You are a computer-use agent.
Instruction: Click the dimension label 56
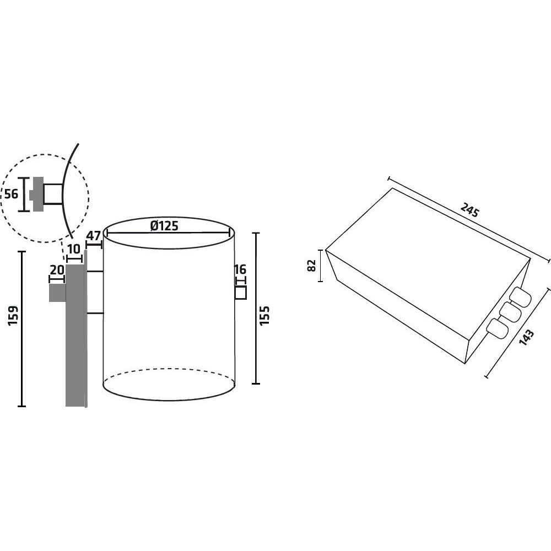coord(11,194)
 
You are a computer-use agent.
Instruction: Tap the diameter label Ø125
coord(164,226)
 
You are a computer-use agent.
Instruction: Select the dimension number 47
coord(94,236)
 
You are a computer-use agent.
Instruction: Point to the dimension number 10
coord(74,249)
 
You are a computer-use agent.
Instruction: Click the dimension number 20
coord(57,270)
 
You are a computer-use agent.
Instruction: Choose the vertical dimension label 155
coord(264,316)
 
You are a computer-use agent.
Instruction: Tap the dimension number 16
coord(240,269)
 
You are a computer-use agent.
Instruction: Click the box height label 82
coord(312,266)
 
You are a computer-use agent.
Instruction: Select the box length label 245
coord(470,210)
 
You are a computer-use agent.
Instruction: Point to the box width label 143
coord(526,338)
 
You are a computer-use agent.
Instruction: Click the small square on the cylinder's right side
coord(240,293)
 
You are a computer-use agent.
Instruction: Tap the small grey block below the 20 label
coord(57,293)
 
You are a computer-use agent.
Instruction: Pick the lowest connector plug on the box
coord(497,328)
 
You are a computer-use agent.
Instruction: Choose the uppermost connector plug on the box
coord(521,297)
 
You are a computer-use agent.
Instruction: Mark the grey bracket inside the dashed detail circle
coord(36,194)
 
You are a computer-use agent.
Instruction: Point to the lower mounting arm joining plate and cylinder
coord(95,313)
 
